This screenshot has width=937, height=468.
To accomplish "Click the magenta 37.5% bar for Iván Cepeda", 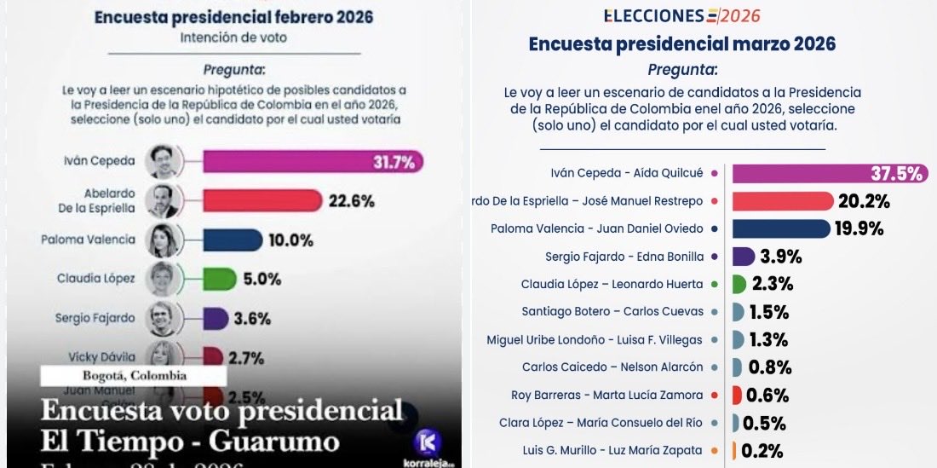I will (826, 173).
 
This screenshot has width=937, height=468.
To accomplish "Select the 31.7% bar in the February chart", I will (312, 162).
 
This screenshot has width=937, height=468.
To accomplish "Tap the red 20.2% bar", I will (782, 201).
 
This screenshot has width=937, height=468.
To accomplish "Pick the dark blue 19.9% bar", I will (780, 228).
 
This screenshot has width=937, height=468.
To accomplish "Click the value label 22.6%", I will (351, 201).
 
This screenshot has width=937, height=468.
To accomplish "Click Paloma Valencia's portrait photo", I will (161, 240).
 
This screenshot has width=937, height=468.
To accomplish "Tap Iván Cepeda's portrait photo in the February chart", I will (161, 162).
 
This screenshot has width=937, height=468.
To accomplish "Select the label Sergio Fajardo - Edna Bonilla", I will (624, 257).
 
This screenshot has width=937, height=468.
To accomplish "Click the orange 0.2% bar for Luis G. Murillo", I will (734, 450).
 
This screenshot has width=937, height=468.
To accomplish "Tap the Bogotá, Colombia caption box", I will (134, 375).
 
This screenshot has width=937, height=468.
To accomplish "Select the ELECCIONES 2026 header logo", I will (681, 16).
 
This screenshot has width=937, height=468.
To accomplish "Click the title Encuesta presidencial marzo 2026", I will (681, 44).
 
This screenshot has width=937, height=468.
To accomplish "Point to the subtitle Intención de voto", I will (233, 38).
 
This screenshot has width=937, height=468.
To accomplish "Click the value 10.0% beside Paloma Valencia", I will (292, 240).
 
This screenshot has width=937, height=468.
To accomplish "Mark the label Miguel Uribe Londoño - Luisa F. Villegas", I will (595, 339).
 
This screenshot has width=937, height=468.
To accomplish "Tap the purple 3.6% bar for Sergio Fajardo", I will (215, 318).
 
